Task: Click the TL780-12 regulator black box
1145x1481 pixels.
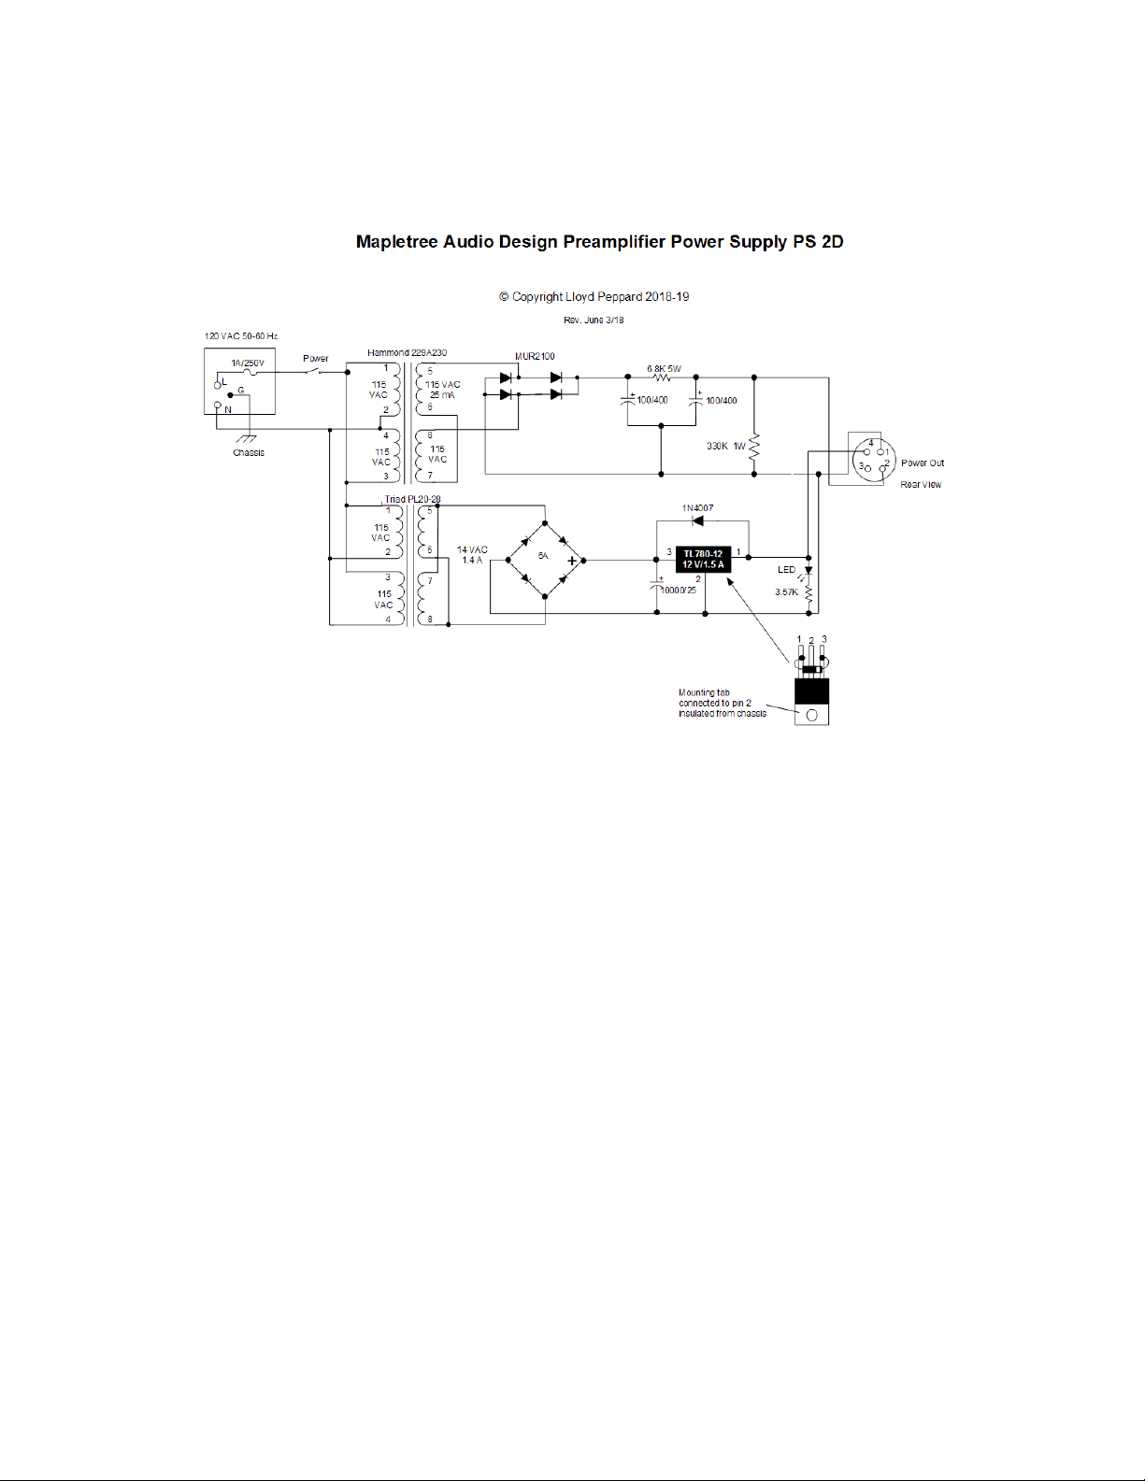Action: [x=703, y=559]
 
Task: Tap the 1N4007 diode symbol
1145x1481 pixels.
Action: [x=697, y=520]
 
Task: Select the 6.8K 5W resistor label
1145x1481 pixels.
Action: [x=664, y=368]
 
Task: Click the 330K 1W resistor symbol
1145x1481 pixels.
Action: [x=754, y=447]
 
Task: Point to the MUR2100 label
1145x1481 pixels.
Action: [x=535, y=356]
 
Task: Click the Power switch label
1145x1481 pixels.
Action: [x=316, y=358]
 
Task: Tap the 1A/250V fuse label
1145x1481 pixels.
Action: [x=248, y=363]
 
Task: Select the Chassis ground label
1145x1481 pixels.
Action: [x=249, y=452]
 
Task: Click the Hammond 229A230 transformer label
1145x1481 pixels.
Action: [x=407, y=352]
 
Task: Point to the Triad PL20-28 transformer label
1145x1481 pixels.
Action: [x=412, y=499]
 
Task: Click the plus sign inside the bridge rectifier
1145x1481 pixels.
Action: [x=572, y=562]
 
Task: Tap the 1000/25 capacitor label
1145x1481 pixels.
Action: [x=679, y=591]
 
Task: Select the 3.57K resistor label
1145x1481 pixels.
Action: [x=786, y=591]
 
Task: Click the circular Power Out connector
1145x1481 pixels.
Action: [x=874, y=458]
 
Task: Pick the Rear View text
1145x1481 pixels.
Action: [x=921, y=484]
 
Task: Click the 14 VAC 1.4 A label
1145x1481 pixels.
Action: [x=472, y=555]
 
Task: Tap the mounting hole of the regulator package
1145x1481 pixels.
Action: [x=811, y=715]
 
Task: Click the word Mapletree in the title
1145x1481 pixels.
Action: [x=397, y=242]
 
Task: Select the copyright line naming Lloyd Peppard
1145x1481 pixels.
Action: [x=594, y=297]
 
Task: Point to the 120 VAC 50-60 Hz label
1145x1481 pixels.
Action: [x=241, y=335]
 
